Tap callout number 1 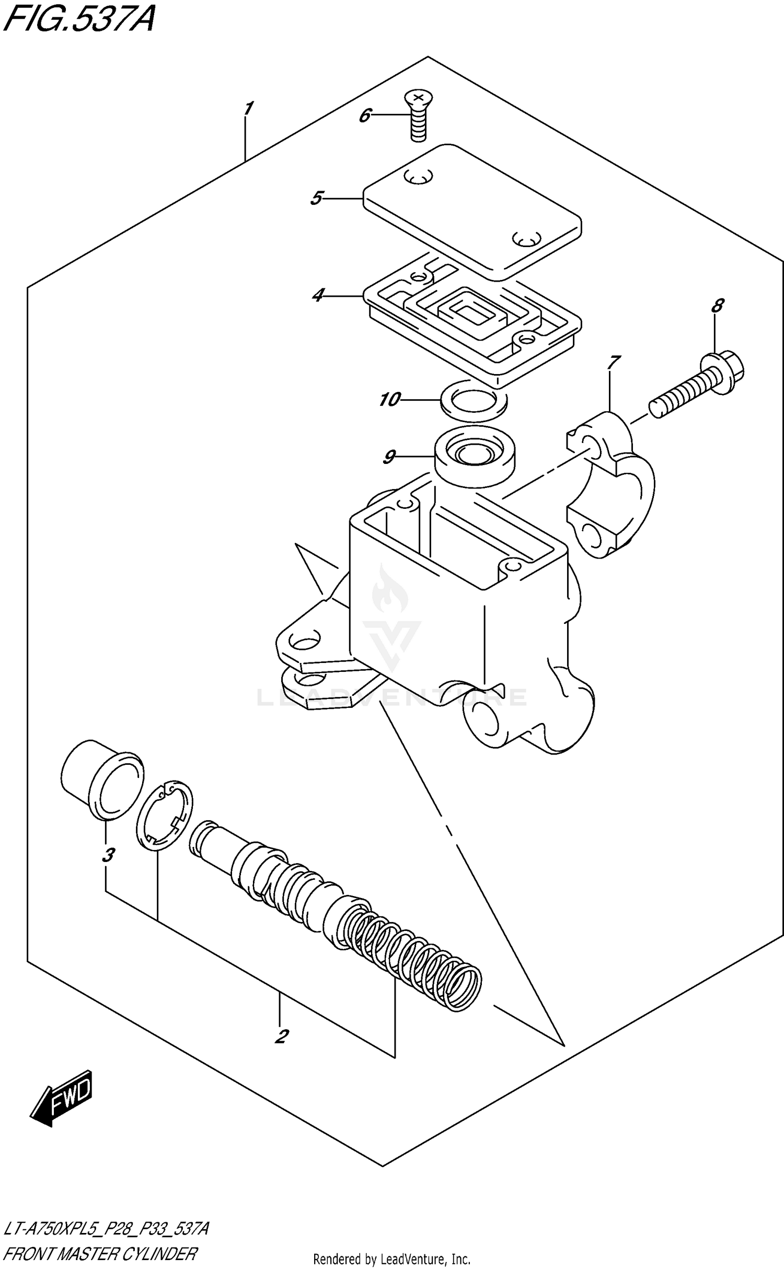pyautogui.click(x=248, y=109)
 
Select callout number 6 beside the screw pyautogui.click(x=364, y=115)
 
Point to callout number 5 pyautogui.click(x=316, y=199)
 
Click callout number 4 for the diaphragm pyautogui.click(x=318, y=296)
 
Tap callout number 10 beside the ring pyautogui.click(x=389, y=400)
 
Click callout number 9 pyautogui.click(x=389, y=457)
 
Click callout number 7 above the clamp pyautogui.click(x=614, y=362)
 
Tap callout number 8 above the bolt pyautogui.click(x=718, y=305)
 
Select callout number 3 pyautogui.click(x=108, y=856)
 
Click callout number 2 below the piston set pyautogui.click(x=282, y=1036)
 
